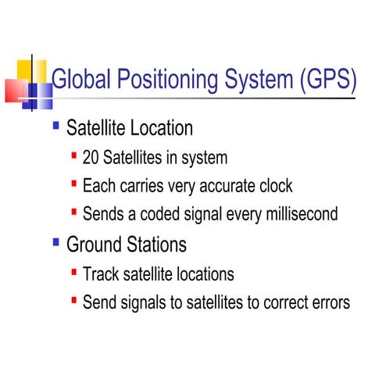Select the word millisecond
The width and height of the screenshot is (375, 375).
pos(300,213)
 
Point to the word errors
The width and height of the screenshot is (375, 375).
pos(329,302)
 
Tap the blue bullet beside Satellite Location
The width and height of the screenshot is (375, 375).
pos(55,125)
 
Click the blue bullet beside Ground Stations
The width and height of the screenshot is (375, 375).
pos(55,242)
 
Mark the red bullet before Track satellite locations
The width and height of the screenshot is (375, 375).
pos(73,273)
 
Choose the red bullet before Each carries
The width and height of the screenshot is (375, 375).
pos(73,184)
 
